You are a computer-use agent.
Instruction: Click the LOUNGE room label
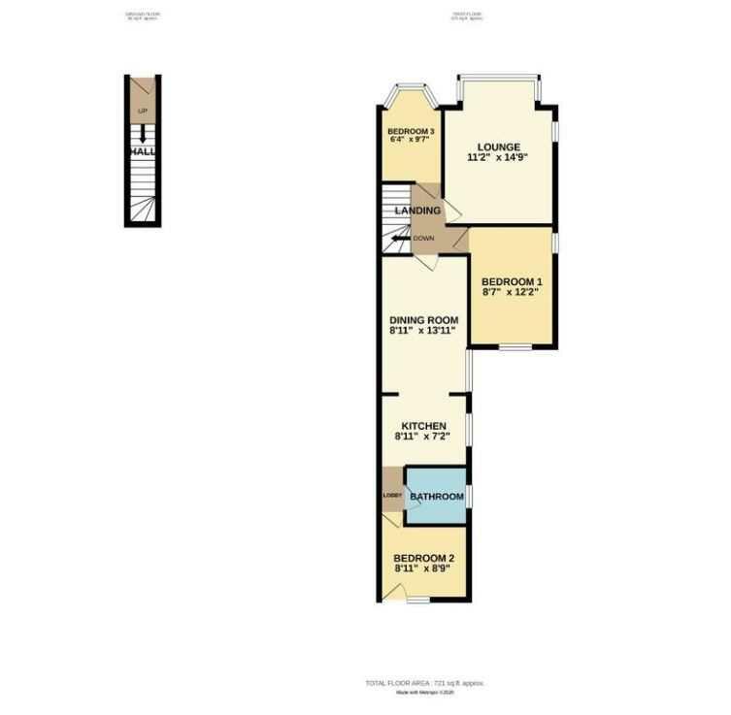point(498,147)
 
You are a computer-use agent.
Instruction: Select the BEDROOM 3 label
point(411,131)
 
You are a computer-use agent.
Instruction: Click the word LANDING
point(417,211)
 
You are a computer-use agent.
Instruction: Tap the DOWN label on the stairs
point(423,238)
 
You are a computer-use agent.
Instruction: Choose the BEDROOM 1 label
point(512,280)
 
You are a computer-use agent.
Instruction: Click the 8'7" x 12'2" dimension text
point(512,291)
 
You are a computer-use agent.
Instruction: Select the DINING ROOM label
point(423,320)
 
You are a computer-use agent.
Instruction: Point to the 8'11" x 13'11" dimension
point(423,331)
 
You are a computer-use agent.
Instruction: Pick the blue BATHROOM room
point(436,497)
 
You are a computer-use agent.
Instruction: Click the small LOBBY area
point(392,496)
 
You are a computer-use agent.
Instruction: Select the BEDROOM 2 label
point(423,558)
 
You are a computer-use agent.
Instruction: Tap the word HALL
point(142,152)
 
